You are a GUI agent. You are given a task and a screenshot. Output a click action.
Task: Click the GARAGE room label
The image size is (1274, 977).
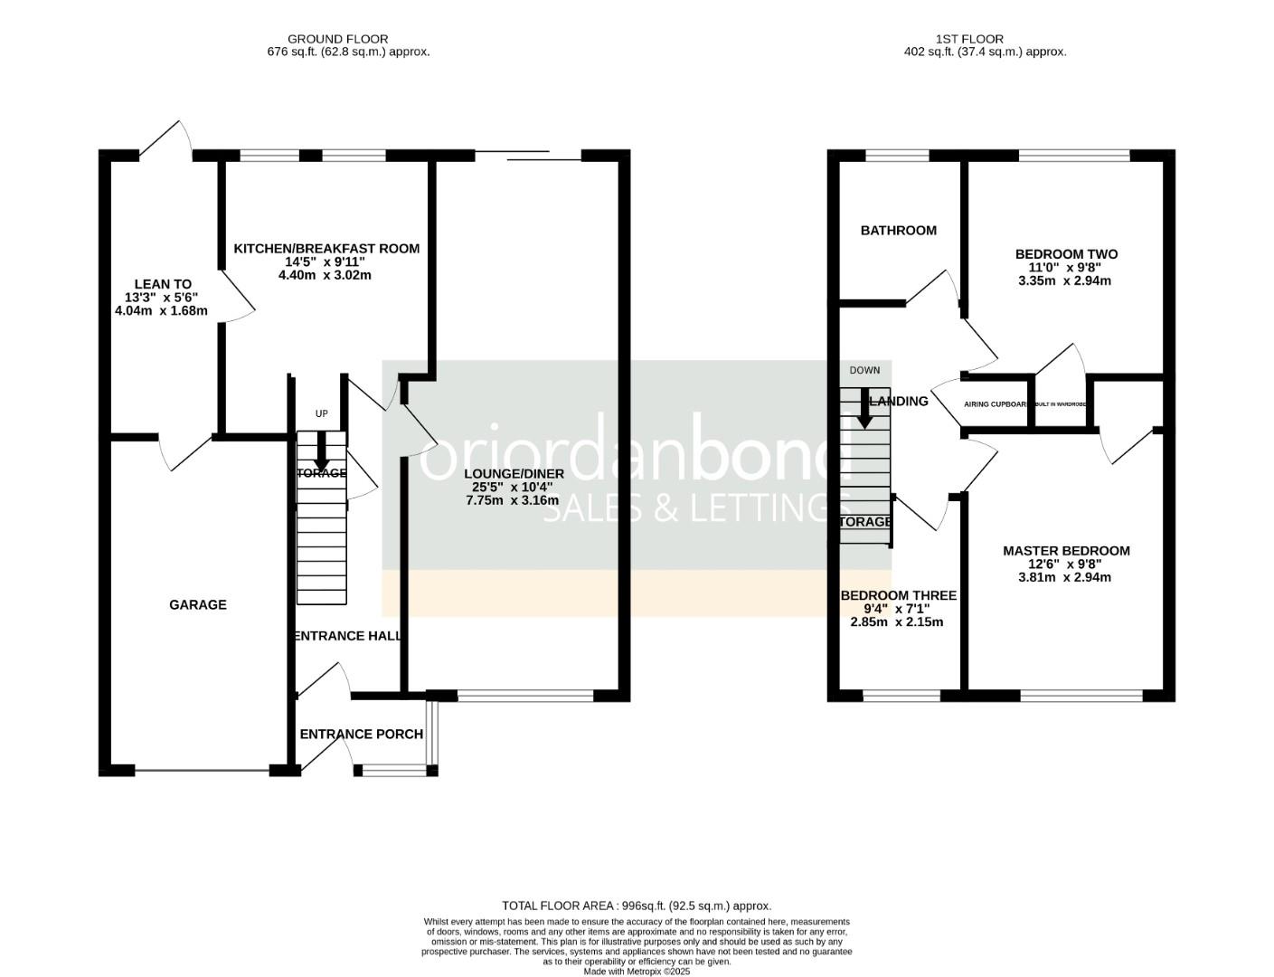198,604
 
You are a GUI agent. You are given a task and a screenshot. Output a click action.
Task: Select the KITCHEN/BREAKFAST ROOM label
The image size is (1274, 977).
326,249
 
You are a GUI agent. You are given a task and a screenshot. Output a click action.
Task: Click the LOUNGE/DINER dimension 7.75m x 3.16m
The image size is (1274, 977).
512,500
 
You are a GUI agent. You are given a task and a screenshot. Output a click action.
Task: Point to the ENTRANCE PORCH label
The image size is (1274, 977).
361,734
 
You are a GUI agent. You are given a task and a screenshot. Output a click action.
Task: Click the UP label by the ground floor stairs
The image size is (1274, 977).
321,413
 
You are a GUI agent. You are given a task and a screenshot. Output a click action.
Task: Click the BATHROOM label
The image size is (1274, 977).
898,231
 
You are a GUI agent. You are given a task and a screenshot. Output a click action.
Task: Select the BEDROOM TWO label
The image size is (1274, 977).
1066,254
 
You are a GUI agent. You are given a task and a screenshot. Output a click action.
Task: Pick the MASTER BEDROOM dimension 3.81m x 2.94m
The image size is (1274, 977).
1064,577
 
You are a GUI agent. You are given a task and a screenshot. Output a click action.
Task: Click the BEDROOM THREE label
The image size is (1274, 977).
898,595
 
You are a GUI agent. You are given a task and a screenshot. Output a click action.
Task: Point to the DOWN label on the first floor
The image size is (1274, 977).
864,370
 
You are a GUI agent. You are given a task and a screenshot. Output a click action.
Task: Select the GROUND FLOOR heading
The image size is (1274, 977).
337,39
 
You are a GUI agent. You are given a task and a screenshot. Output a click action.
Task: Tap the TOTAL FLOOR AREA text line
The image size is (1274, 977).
637,906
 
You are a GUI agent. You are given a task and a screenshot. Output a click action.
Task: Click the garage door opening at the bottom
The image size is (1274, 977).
202,771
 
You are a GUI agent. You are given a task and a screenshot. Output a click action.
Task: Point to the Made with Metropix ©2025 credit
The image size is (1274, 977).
637,972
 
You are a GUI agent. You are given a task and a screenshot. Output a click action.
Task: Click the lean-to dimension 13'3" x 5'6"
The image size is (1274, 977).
161,298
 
